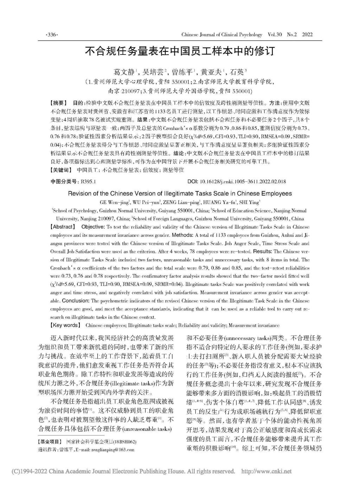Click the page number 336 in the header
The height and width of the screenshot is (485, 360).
pyautogui.click(x=52, y=35)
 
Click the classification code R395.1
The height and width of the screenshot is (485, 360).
pyautogui.click(x=89, y=181)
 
